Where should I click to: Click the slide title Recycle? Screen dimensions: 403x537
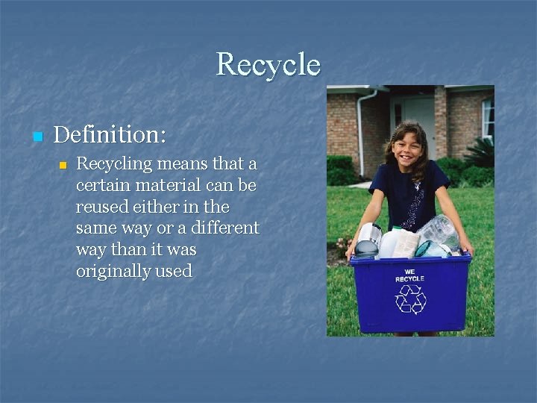click(x=268, y=65)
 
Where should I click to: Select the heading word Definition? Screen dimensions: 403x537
click(x=110, y=135)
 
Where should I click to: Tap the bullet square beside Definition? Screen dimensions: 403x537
click(x=37, y=137)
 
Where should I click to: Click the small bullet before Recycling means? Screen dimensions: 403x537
click(x=63, y=164)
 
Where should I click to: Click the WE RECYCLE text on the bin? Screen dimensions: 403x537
click(x=409, y=275)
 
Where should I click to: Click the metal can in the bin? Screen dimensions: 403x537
click(x=368, y=240)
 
